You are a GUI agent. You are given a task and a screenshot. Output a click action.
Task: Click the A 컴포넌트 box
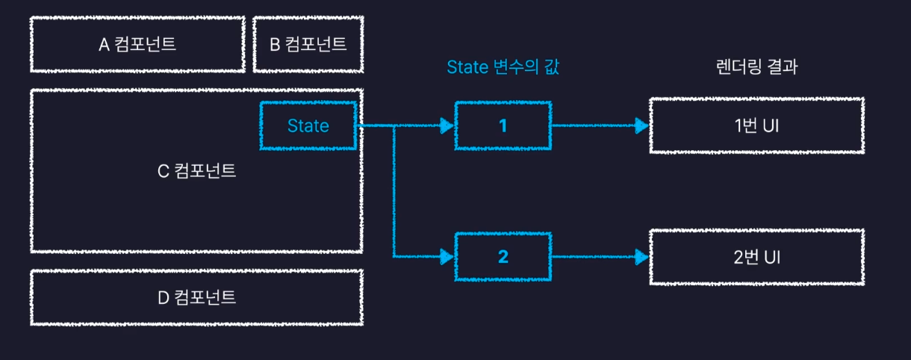(137, 45)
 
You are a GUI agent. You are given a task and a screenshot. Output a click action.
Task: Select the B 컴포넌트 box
(308, 45)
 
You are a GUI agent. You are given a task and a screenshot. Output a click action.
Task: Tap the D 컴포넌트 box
(196, 297)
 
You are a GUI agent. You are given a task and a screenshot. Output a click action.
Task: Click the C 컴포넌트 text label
(196, 171)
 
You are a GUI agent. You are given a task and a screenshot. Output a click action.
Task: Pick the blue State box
(308, 125)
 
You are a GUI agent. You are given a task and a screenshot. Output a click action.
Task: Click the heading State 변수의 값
(503, 67)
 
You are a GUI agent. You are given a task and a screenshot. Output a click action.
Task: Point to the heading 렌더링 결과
(756, 67)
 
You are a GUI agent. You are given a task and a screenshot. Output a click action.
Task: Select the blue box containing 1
(503, 125)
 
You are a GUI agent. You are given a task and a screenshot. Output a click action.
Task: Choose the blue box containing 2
(503, 258)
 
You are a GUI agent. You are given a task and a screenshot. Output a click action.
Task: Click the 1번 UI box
(756, 125)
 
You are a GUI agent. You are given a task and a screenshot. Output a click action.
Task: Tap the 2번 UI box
(756, 258)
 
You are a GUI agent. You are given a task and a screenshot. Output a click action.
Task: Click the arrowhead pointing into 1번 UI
(640, 125)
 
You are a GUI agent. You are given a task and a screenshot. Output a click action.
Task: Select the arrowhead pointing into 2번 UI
(640, 258)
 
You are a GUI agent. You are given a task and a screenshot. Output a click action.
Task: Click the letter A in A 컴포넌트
(104, 45)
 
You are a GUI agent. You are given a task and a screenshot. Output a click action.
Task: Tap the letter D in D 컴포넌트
(163, 297)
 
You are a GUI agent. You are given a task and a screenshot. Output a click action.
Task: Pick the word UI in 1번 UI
(771, 125)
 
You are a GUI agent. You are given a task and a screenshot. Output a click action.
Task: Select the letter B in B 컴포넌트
(274, 45)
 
